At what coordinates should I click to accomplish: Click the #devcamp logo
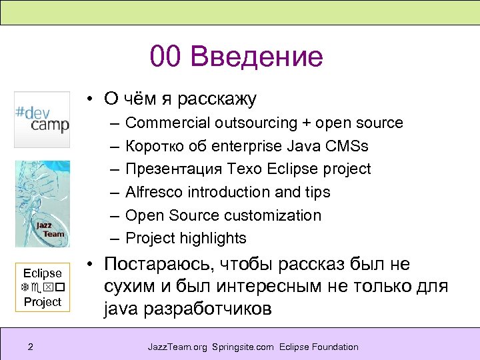pyautogui.click(x=42, y=119)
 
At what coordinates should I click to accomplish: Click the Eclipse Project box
pyautogui.click(x=42, y=287)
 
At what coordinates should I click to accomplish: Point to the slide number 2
pyautogui.click(x=31, y=347)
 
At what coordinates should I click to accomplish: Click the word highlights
pyautogui.click(x=213, y=238)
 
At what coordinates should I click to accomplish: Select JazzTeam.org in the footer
pyautogui.click(x=177, y=347)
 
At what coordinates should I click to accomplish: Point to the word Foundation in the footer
pyautogui.click(x=334, y=347)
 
